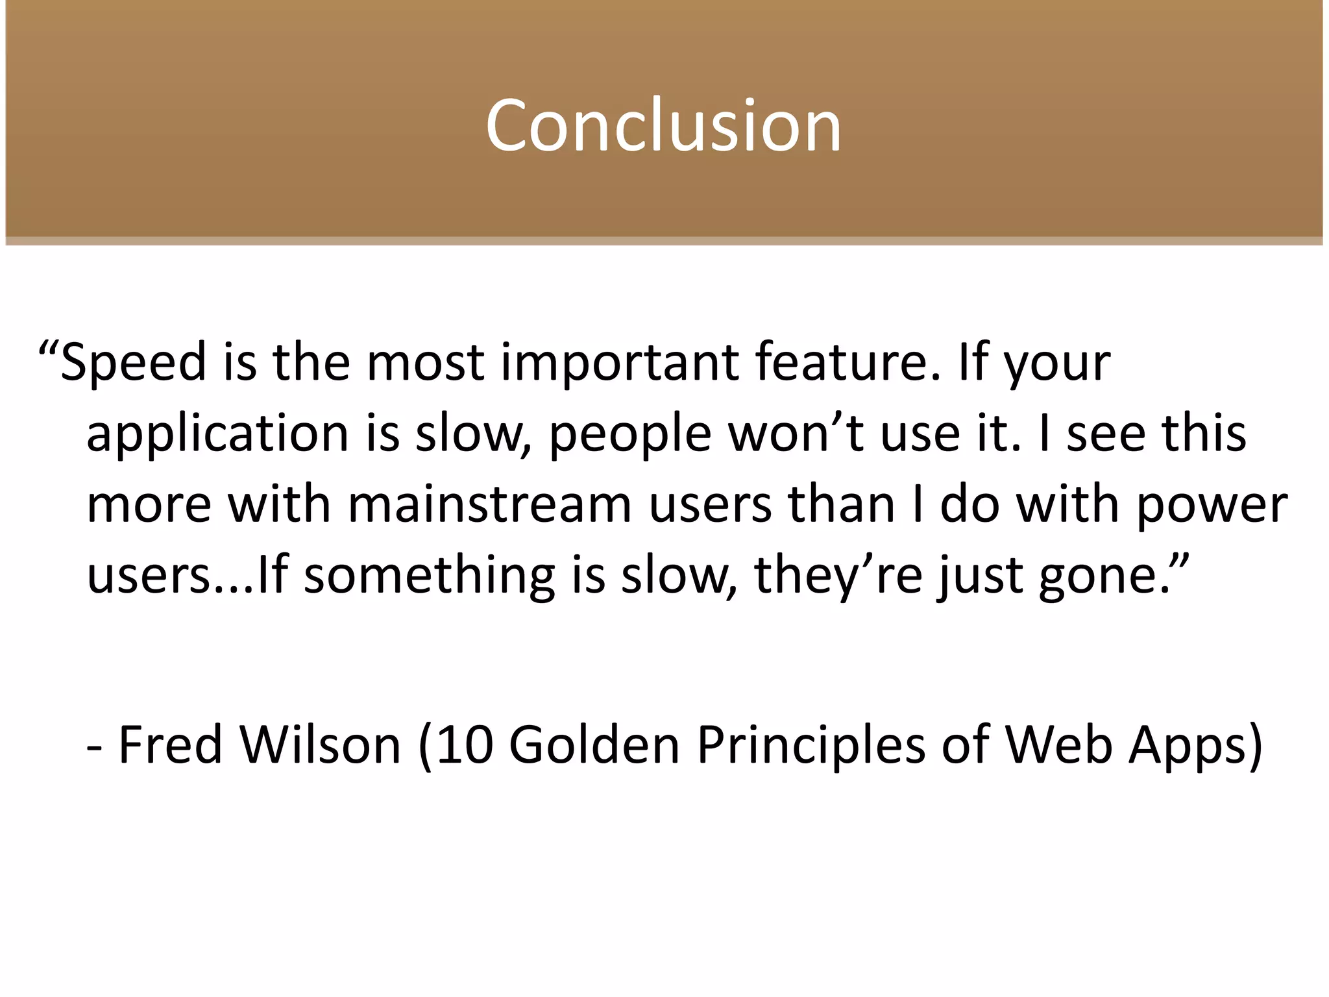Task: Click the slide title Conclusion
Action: tap(663, 125)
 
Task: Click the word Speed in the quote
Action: tap(133, 362)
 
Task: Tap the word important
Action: tap(619, 362)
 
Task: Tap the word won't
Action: tap(796, 434)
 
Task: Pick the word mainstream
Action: tap(490, 504)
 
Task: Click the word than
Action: tap(842, 504)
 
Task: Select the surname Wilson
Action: tap(321, 745)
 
